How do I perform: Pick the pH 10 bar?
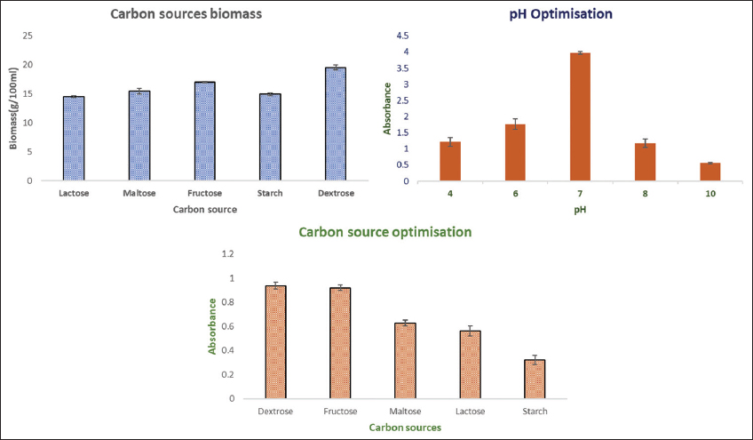[710, 172]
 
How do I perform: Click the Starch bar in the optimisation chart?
[534, 380]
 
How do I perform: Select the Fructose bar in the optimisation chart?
[340, 343]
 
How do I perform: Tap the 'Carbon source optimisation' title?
[385, 233]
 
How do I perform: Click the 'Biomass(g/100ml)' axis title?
[14, 107]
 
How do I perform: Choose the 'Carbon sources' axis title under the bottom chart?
[405, 428]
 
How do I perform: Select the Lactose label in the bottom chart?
[470, 412]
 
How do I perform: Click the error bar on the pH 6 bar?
[516, 124]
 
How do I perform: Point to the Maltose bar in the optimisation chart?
[405, 361]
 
